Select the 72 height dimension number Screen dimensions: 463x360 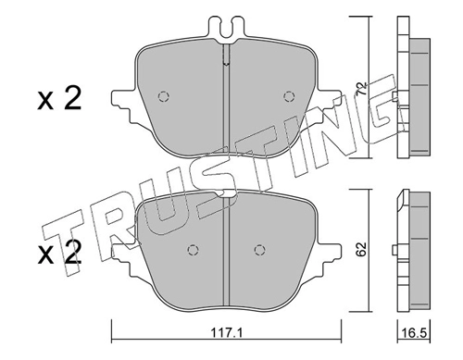click(362, 88)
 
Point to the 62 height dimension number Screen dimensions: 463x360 click(362, 249)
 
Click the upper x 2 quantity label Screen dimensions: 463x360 click(59, 98)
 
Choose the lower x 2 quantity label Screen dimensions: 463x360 click(59, 253)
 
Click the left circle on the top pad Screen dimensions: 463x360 click(163, 96)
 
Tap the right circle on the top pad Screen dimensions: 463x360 click(288, 96)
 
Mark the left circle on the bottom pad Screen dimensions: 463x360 click(193, 249)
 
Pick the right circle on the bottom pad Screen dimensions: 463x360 click(259, 249)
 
